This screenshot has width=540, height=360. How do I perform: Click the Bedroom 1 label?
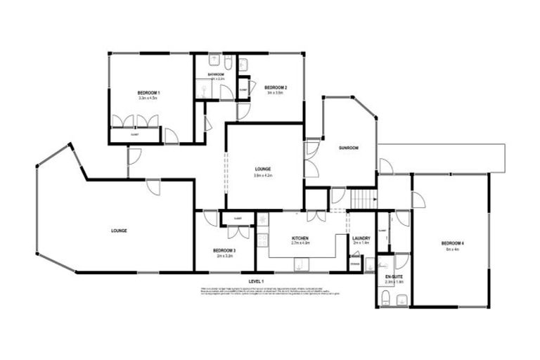149,94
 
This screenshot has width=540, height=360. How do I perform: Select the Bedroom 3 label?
224,251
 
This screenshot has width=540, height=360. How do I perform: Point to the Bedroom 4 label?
453,243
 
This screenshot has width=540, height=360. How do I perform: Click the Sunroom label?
349,148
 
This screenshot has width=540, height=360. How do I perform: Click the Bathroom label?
216,74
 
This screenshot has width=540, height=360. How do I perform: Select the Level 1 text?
256,281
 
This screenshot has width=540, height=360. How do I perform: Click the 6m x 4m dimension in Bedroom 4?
452,250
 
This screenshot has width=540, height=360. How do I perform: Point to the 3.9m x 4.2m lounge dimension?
263,175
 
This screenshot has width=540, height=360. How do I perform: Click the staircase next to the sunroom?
364,199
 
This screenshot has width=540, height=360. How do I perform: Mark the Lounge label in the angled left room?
118,231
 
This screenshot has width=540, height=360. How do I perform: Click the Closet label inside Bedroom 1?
134,133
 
